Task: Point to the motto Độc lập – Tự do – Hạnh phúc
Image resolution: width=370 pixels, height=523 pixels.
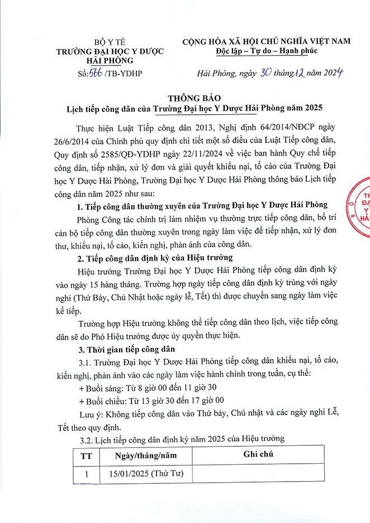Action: (x=265, y=52)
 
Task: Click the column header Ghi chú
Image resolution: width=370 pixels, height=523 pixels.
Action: (x=258, y=455)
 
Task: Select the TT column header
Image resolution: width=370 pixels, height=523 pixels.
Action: (x=86, y=456)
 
